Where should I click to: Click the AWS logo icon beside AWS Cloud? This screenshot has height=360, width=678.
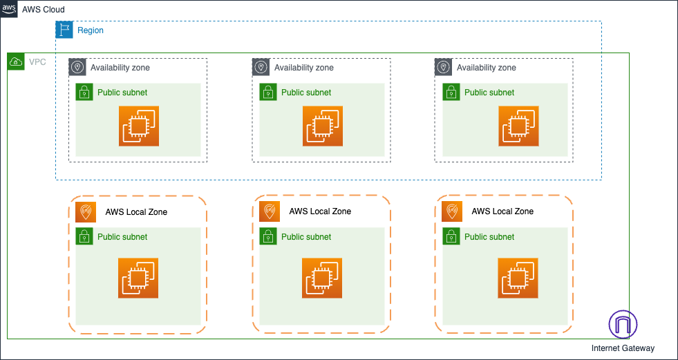pyautogui.click(x=9, y=8)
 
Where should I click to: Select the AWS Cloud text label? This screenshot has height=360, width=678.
pyautogui.click(x=44, y=9)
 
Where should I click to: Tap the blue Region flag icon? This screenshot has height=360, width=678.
pyautogui.click(x=64, y=30)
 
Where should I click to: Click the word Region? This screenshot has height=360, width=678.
pyautogui.click(x=91, y=30)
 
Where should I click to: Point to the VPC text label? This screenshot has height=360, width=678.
pyautogui.click(x=37, y=62)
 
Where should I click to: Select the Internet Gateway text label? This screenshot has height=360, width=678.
pyautogui.click(x=623, y=348)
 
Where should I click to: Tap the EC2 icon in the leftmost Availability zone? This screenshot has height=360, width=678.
pyautogui.click(x=138, y=126)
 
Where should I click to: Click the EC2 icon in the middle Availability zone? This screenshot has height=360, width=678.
pyautogui.click(x=322, y=126)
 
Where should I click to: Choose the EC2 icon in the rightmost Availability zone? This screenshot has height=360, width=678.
pyautogui.click(x=518, y=126)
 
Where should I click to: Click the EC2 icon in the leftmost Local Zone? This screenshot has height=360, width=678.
pyautogui.click(x=138, y=278)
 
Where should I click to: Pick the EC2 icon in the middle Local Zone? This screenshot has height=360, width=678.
pyautogui.click(x=322, y=278)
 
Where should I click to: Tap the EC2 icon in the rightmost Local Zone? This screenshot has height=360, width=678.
pyautogui.click(x=518, y=278)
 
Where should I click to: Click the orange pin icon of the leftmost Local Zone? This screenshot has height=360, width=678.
pyautogui.click(x=84, y=211)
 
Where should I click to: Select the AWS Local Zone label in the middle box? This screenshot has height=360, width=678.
pyautogui.click(x=319, y=211)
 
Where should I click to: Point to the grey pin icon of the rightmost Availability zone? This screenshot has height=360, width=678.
pyautogui.click(x=443, y=67)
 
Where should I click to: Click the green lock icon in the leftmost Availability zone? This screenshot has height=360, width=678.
pyautogui.click(x=84, y=92)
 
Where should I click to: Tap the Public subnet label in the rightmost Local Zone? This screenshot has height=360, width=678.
pyautogui.click(x=489, y=237)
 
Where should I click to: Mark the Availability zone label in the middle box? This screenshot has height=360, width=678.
pyautogui.click(x=303, y=68)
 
